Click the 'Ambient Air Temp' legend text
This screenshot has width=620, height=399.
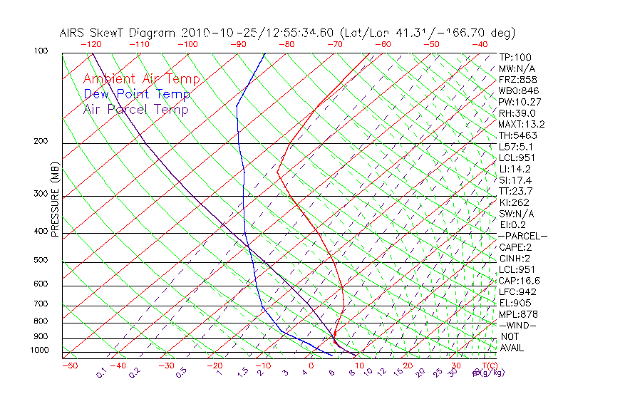click(141, 79)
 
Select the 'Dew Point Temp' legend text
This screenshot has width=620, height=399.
click(137, 94)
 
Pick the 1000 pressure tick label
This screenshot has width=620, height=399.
click(38, 350)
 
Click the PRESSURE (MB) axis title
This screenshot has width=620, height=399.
click(55, 200)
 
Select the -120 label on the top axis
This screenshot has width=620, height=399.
click(91, 44)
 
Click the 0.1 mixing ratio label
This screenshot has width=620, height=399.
click(102, 372)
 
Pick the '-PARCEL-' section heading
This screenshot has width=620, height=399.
click(522, 236)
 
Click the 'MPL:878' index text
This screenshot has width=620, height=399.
click(517, 314)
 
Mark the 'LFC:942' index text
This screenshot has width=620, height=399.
click(517, 291)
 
